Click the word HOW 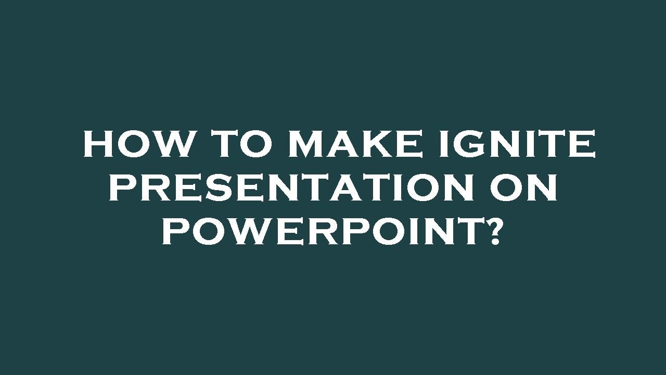136,144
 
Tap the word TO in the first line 242,144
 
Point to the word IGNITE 517,144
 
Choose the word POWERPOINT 321,232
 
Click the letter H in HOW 99,144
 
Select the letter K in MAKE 382,144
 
